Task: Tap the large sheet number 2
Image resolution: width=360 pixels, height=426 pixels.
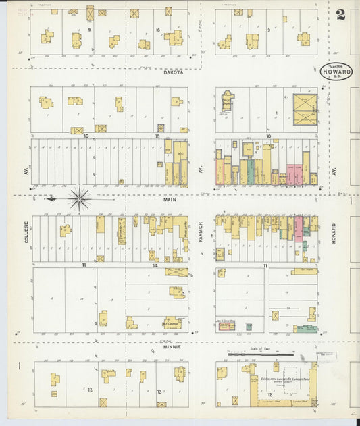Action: coord(341,14)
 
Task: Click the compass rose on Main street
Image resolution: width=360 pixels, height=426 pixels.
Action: coord(80,198)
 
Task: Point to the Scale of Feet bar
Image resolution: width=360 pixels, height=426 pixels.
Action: coord(260,353)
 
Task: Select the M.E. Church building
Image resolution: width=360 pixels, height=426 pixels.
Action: coord(174,322)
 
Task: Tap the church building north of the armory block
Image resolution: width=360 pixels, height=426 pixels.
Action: coord(226,101)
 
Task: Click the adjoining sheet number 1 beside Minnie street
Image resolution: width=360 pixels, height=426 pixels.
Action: coord(20,367)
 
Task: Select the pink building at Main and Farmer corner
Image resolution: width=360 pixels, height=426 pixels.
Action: coord(220,172)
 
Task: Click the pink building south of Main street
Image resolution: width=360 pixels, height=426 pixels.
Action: coord(298,229)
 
